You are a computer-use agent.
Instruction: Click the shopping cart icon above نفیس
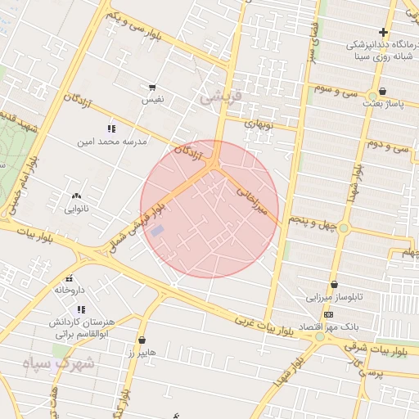pos(152,87)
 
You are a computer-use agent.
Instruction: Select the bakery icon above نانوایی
pos(77,196)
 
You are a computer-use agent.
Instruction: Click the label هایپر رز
pos(142,352)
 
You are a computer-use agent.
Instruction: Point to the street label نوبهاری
pos(259,125)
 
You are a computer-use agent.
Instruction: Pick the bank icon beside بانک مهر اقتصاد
pos(328,315)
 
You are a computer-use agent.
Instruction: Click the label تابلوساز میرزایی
pos(333,297)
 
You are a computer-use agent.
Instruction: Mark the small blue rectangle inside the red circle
pos(157,231)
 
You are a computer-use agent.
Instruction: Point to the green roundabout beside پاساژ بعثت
pos(372,95)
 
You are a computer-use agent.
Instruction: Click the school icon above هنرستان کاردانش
pos(80,309)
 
